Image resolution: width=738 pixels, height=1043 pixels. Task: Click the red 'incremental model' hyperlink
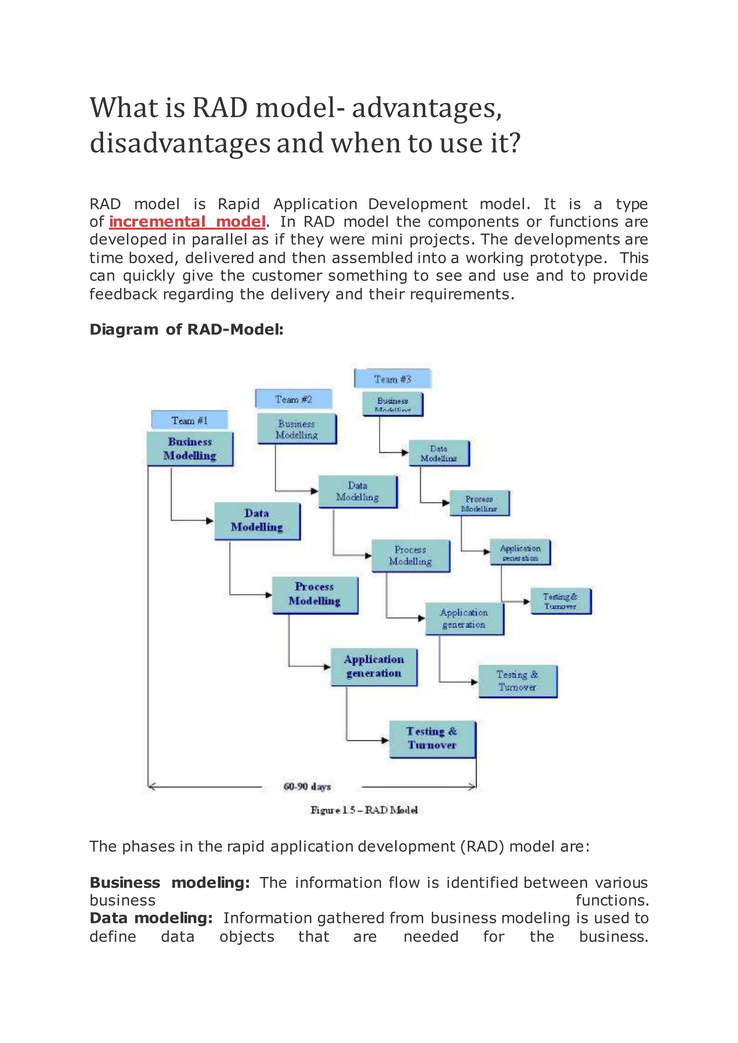187,222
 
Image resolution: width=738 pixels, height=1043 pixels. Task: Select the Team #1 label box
190,420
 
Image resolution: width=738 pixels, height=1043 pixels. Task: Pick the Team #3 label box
392,379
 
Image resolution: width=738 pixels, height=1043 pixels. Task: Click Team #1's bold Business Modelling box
190,448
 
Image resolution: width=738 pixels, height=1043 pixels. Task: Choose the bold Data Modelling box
257,520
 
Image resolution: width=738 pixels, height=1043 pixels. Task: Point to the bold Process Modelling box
315,594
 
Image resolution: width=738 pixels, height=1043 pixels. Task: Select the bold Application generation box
374,666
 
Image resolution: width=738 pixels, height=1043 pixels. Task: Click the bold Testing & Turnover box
432,738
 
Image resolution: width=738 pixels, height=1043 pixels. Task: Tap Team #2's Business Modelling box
297,429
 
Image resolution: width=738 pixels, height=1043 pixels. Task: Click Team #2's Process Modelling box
410,555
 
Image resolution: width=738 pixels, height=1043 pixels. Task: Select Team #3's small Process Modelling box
479,503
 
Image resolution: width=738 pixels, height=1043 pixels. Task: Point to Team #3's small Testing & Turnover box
560,601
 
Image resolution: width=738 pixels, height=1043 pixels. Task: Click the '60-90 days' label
307,786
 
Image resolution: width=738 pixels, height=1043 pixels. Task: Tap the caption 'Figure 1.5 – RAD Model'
364,810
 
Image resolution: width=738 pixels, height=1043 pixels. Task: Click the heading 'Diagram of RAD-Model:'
186,329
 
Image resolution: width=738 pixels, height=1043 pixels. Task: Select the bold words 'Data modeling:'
151,918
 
